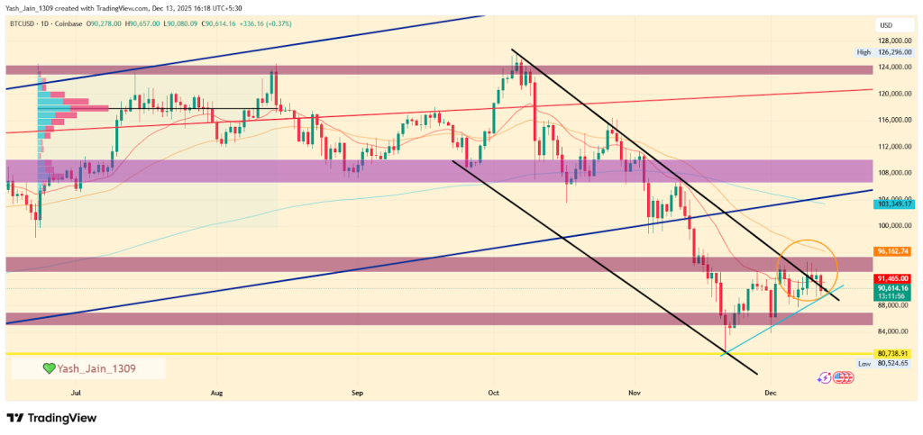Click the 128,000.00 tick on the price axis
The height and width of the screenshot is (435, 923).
892,41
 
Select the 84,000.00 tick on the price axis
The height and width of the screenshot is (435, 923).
892,331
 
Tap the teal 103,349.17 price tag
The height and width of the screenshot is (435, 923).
894,204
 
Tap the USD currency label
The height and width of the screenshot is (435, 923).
885,25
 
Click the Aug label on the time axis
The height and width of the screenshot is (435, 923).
216,394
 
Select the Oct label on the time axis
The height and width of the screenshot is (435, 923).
493,394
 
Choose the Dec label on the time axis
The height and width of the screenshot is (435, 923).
771,394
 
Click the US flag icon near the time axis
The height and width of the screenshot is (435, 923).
845,377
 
